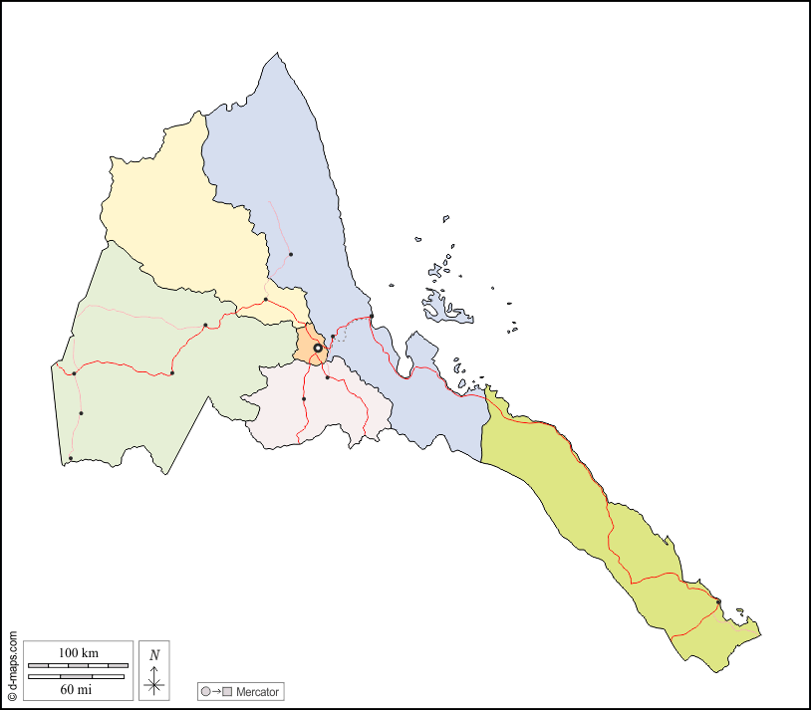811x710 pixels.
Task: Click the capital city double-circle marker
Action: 318,348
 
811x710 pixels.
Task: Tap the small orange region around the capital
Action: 306,342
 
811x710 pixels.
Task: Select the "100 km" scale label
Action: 78,652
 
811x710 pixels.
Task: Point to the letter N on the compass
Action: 153,654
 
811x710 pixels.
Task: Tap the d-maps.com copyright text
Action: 12,665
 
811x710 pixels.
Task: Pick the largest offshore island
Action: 445,307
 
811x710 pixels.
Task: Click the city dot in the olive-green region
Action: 718,601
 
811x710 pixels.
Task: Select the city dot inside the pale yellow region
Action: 266,300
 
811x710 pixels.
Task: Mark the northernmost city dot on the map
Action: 291,255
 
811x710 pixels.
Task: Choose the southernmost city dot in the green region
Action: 71,458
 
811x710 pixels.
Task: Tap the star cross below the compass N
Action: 153,683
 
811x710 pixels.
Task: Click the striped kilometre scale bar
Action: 77,664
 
